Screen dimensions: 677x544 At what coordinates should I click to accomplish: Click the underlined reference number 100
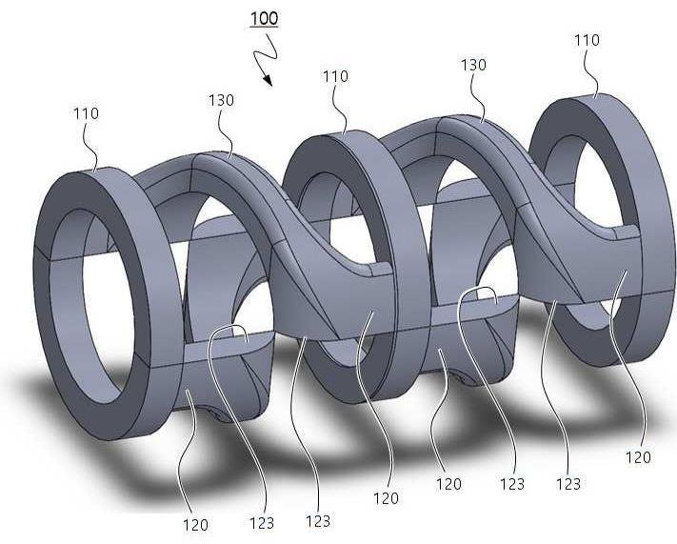(265, 18)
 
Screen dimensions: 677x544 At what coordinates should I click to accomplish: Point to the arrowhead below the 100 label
(268, 79)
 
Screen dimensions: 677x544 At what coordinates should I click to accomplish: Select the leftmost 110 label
(86, 113)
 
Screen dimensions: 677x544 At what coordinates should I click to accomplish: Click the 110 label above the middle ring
(335, 76)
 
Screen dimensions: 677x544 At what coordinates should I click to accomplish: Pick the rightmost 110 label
(587, 40)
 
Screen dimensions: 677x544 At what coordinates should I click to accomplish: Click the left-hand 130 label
(221, 100)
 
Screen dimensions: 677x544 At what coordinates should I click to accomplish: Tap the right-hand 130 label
(473, 65)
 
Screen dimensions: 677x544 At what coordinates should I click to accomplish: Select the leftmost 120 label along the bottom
(195, 525)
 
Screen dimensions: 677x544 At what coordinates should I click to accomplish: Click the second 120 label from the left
(386, 498)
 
